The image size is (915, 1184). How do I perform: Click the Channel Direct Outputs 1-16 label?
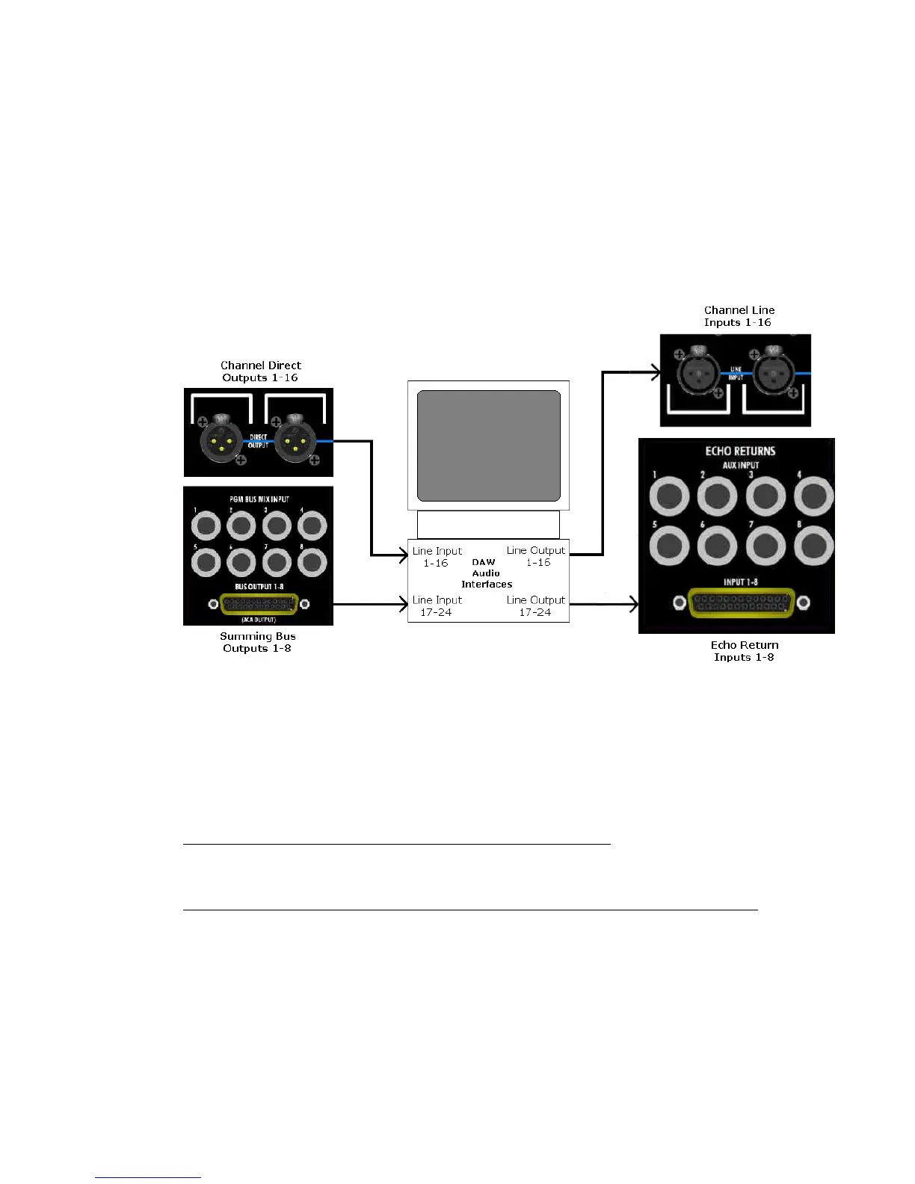coord(260,371)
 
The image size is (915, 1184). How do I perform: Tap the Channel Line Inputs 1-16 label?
coord(739,316)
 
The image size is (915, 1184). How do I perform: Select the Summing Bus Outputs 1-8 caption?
coord(257,642)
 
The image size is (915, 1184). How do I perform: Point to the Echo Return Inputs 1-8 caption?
coord(744,651)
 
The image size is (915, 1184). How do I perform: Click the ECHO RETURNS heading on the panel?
coord(740,451)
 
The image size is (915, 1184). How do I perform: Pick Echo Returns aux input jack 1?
coord(669,496)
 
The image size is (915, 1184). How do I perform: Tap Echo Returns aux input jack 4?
coord(813,496)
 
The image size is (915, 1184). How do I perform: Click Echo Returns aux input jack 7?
coord(765,546)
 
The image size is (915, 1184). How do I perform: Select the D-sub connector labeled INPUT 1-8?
coord(741,602)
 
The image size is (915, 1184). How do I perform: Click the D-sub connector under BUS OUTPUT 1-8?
coord(259,604)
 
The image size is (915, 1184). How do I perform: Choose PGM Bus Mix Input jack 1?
coord(206,526)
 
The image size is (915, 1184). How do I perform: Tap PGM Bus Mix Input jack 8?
coord(312,562)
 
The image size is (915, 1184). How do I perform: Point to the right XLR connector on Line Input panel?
coord(772,373)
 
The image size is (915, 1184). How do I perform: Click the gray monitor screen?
coord(488,445)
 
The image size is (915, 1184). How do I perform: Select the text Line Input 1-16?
coord(437,557)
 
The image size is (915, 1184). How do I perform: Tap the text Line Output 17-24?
coord(535,606)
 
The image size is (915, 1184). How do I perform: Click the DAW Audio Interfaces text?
coord(486,573)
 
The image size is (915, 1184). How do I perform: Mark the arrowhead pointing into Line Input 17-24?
coord(404,604)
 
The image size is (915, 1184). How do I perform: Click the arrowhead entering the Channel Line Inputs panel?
coord(656,371)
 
